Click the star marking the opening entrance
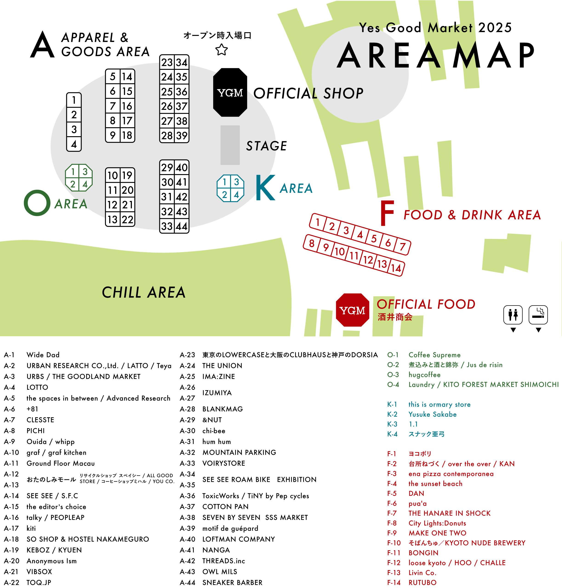coord(221,50)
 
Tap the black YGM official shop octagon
coord(230,93)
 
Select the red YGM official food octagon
coord(352,310)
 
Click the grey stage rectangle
coord(230,145)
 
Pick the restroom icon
coord(513,315)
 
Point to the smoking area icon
coord(538,315)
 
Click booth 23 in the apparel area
coord(167,62)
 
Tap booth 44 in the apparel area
coord(182,226)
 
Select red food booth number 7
coord(402,247)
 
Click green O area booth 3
coord(85,172)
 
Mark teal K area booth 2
coord(224,195)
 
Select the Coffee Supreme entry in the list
coord(434,355)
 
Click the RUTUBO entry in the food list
coord(422,582)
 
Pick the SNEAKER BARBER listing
coord(232,582)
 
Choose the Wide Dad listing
coord(43,355)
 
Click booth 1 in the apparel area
coord(74,100)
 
